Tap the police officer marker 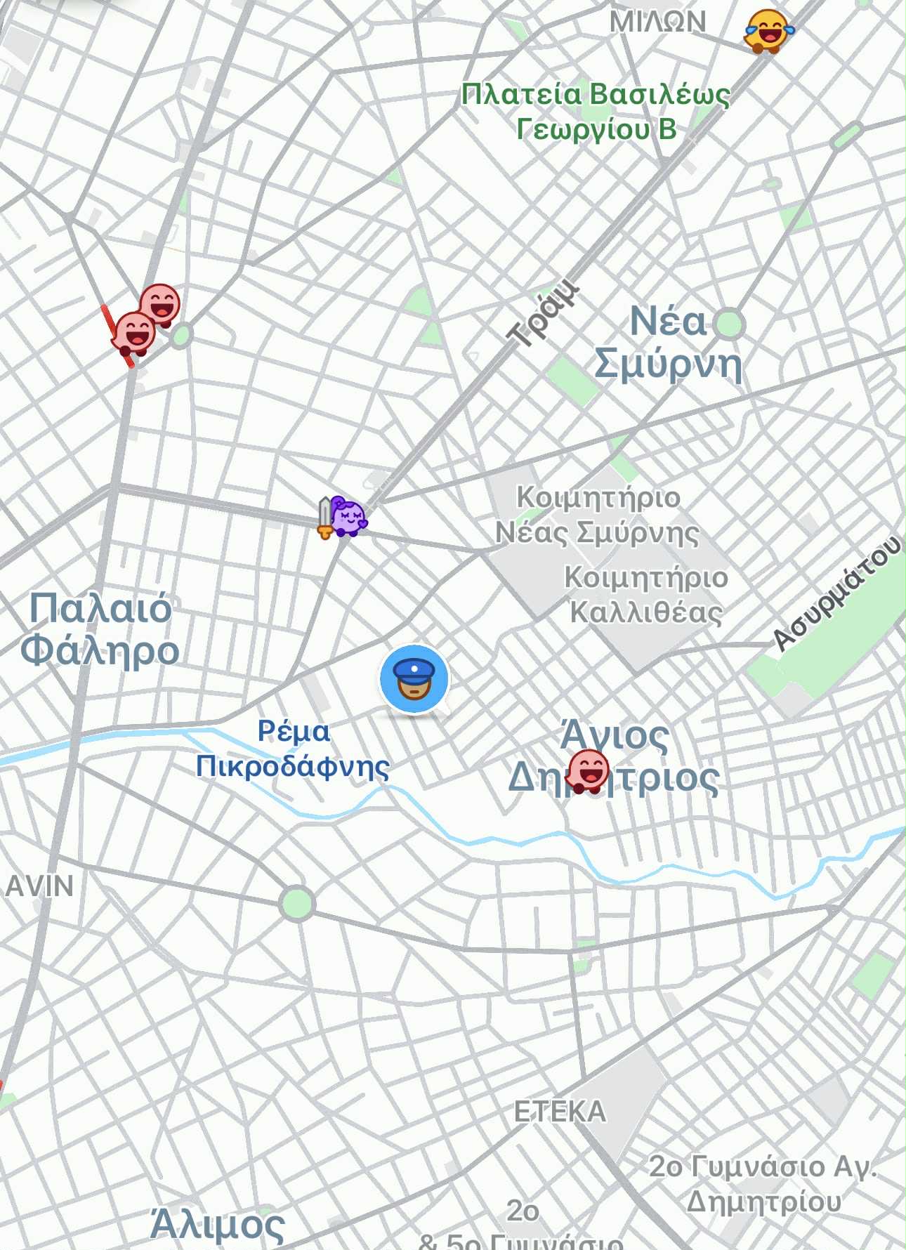[414, 678]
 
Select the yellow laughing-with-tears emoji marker [767, 31]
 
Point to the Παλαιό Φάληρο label [100, 629]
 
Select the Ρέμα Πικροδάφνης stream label [292, 749]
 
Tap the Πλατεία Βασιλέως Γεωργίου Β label [596, 111]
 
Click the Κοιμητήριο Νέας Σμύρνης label [598, 515]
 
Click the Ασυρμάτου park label [836, 593]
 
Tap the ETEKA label [560, 1111]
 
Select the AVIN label [39, 886]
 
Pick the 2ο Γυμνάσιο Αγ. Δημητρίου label [763, 1183]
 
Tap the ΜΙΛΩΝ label [657, 21]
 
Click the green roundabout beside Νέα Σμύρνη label [729, 324]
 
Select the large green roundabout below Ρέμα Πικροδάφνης [296, 902]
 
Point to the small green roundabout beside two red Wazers [181, 336]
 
